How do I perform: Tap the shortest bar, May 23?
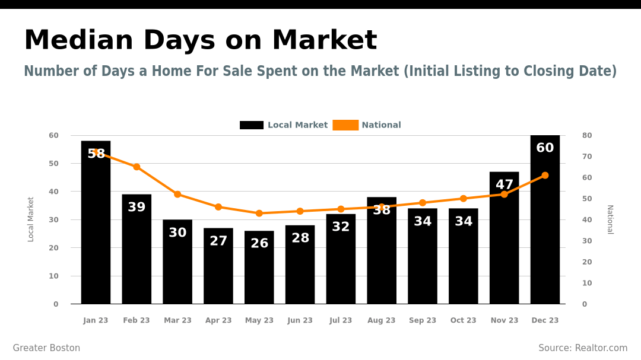point(259,273)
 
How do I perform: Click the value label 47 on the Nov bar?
point(504,185)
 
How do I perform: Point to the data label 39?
point(137,208)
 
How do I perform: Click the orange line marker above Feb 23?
point(137,167)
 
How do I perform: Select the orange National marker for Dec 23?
point(545,176)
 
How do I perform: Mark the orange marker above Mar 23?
point(177,195)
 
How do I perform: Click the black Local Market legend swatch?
point(252,125)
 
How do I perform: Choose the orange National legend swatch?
point(345,125)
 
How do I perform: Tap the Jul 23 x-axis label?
point(341,320)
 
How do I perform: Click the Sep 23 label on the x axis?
point(423,320)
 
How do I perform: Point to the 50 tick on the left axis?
point(53,163)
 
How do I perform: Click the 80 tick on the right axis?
point(587,135)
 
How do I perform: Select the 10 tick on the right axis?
point(587,283)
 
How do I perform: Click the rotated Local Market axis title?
point(31,219)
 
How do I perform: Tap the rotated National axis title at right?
point(610,219)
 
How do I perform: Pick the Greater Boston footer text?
point(46,348)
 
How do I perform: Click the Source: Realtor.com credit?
point(583,348)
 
